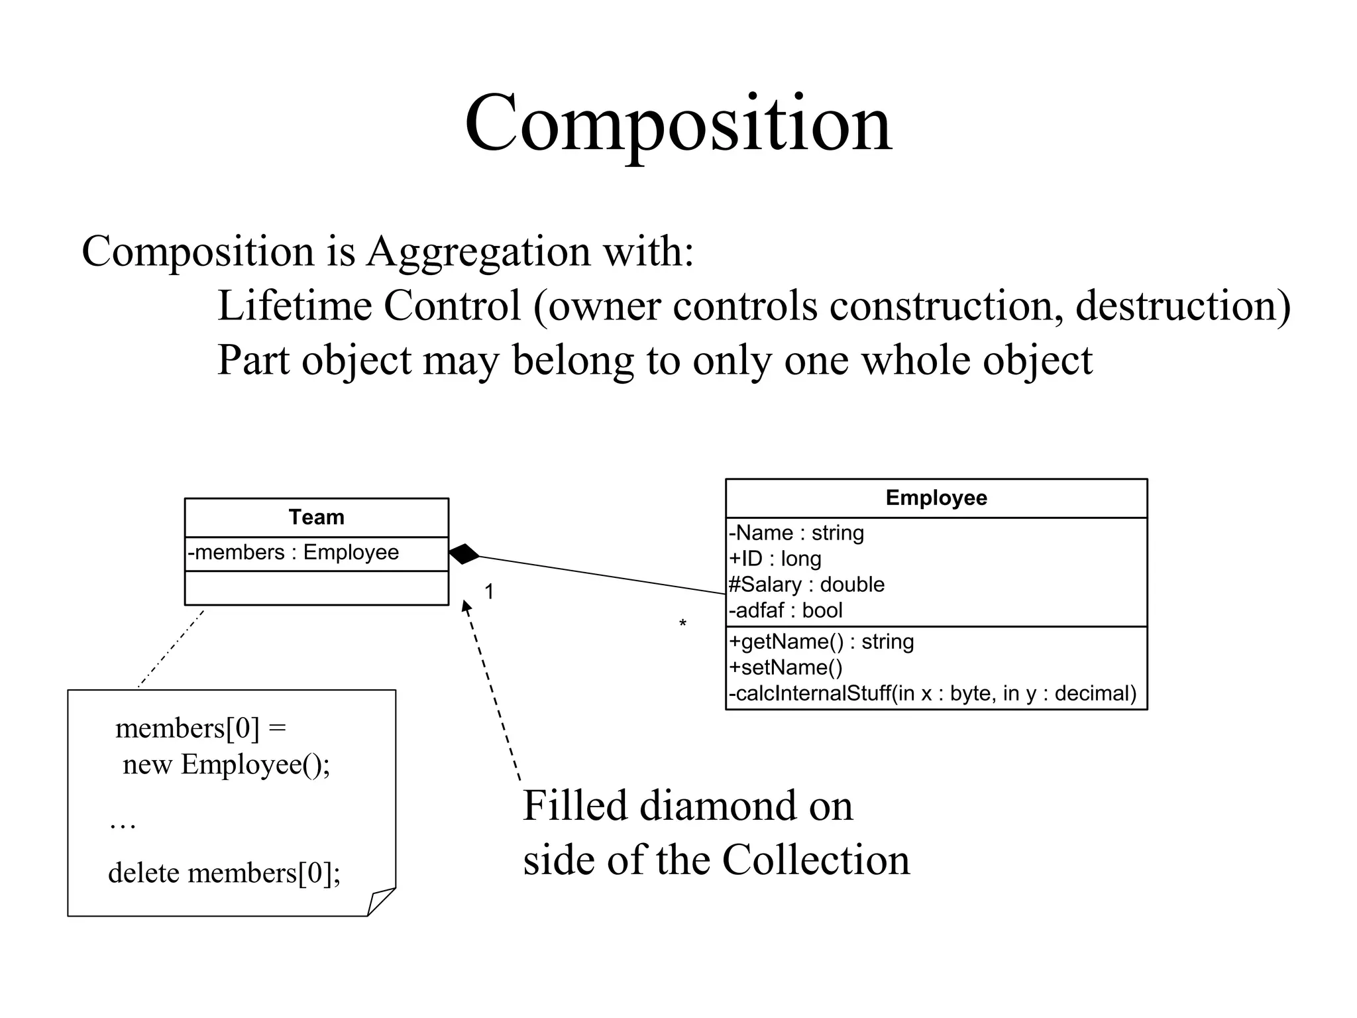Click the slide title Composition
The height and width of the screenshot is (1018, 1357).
tap(678, 125)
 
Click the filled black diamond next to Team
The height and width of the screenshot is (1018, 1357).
tap(464, 554)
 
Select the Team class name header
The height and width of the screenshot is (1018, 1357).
tap(316, 517)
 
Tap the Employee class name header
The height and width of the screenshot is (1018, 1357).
tap(936, 498)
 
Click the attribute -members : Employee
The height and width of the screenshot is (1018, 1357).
tap(293, 553)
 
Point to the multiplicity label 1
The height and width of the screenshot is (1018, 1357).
tap(489, 591)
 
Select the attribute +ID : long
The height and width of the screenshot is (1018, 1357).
tap(775, 559)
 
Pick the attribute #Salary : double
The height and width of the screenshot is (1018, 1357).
tap(806, 585)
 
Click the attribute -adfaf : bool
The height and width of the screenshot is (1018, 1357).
tap(785, 610)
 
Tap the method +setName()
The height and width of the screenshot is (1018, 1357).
tap(786, 667)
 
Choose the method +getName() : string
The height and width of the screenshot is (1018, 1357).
tap(821, 642)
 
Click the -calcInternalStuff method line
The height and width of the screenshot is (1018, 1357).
tap(932, 693)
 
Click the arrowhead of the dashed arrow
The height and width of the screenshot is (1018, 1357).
tap(466, 606)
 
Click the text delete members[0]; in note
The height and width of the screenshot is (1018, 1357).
tap(224, 873)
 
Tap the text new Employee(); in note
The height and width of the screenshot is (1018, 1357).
tap(226, 765)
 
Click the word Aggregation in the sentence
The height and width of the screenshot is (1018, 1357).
tap(478, 252)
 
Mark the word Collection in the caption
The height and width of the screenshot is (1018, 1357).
tap(816, 860)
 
